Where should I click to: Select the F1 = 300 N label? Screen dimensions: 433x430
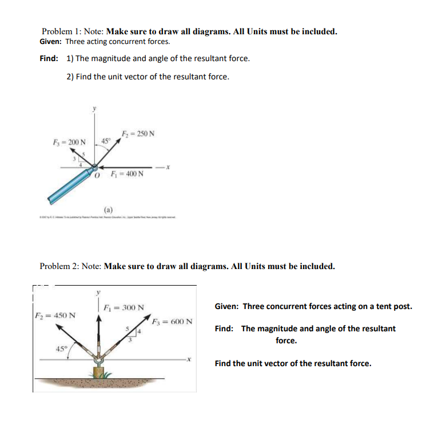pyautogui.click(x=125, y=306)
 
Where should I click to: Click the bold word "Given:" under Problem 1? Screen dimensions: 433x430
pyautogui.click(x=51, y=42)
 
